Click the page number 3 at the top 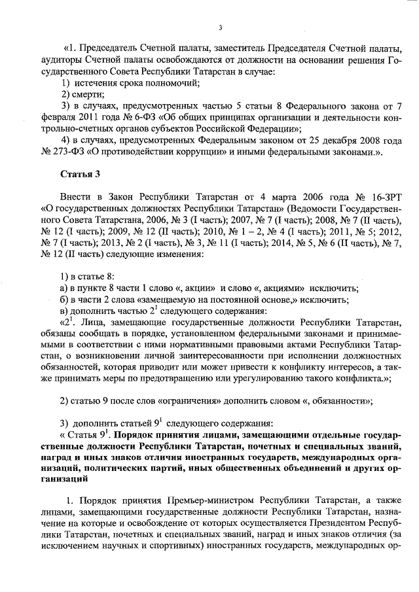point(220,27)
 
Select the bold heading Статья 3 point(80,174)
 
